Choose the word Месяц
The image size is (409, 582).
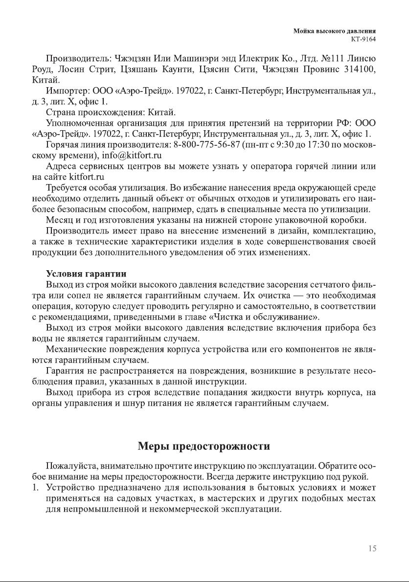[x=59, y=220]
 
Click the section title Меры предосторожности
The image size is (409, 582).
[x=204, y=446]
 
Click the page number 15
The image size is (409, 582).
[x=372, y=549]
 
